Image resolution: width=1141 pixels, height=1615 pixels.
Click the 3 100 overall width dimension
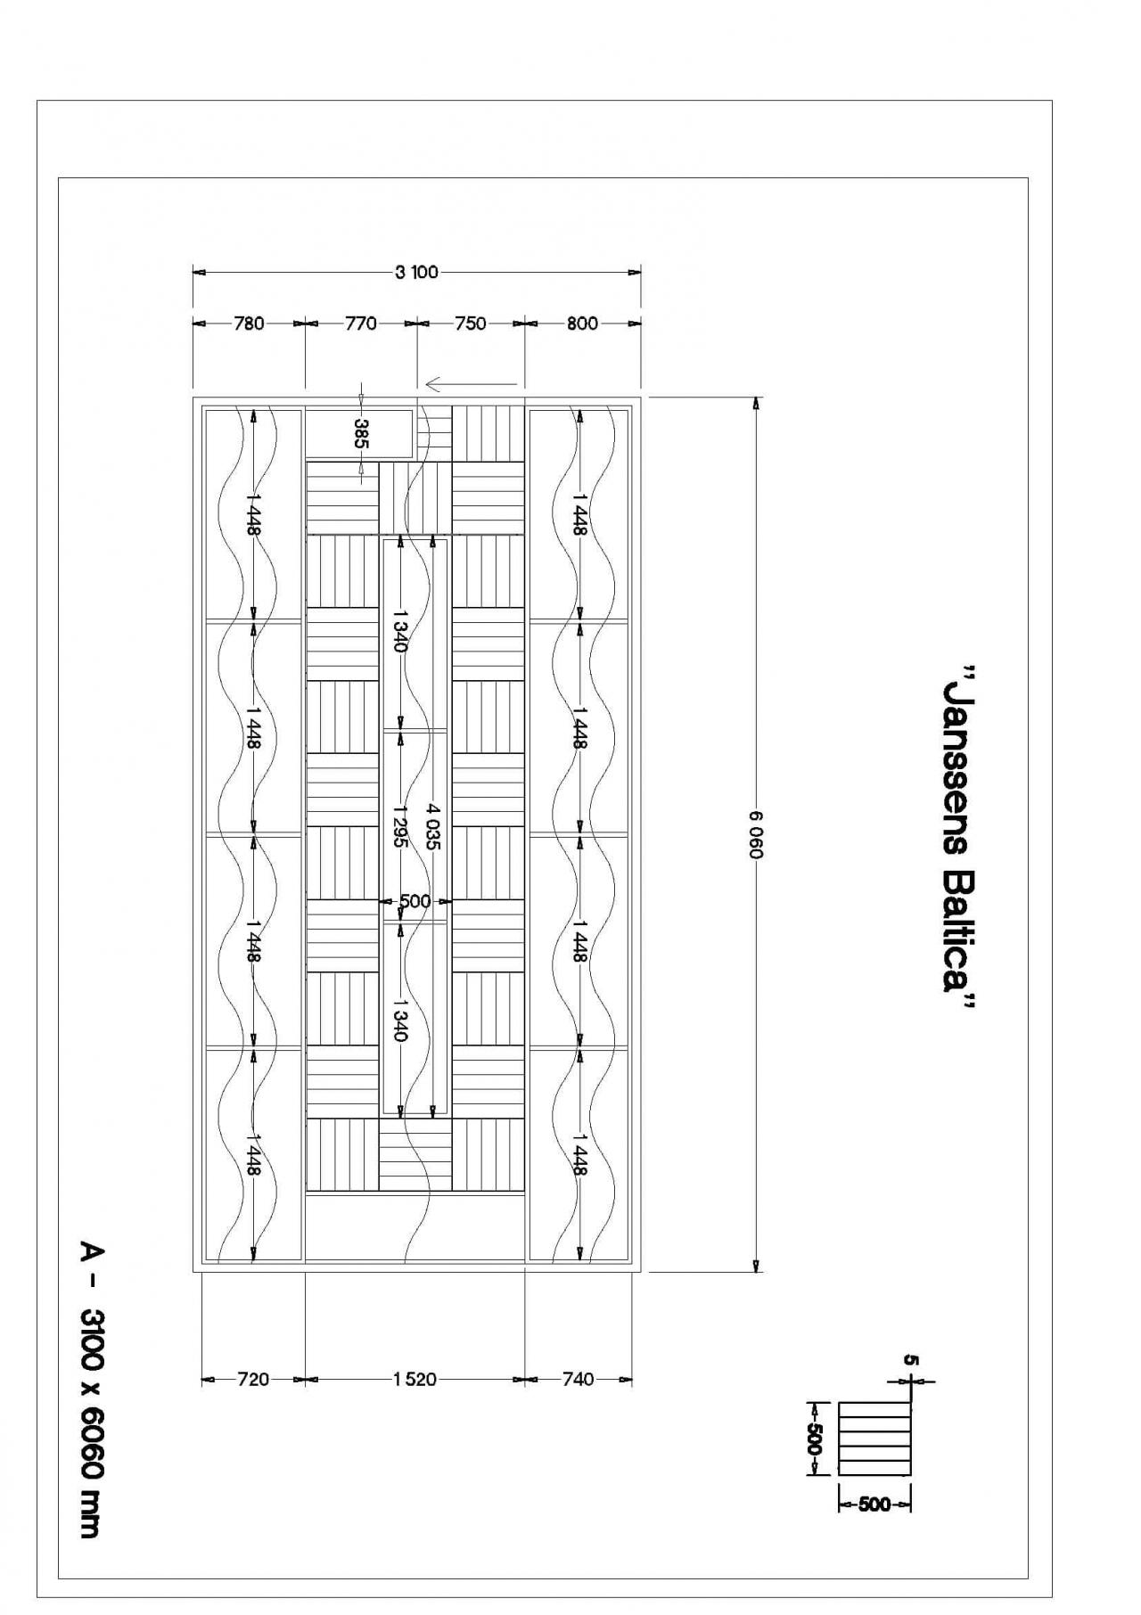point(417,272)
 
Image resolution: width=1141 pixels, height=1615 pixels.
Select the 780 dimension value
point(250,324)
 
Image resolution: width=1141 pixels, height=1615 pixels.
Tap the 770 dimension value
point(361,324)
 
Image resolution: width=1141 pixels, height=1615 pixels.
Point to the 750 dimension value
point(471,324)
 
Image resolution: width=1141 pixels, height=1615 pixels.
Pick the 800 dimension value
point(582,324)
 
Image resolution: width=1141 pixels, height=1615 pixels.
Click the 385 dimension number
point(361,433)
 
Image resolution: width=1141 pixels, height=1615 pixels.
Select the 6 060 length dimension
point(757,835)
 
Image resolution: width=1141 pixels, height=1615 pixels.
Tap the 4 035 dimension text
point(432,825)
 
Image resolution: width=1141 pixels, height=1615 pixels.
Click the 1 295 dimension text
point(399,825)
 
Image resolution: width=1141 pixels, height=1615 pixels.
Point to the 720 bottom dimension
point(253,1380)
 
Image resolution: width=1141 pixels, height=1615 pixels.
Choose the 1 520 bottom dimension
point(415,1380)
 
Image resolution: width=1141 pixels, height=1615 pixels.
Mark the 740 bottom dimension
point(579,1380)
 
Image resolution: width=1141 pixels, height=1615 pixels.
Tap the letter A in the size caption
point(92,1252)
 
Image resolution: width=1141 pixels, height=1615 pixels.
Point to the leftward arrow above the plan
point(471,384)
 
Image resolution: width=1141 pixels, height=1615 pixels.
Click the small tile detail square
point(875,1438)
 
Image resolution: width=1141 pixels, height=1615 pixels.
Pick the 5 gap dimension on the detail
point(910,1360)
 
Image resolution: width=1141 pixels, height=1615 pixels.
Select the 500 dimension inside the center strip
point(415,901)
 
